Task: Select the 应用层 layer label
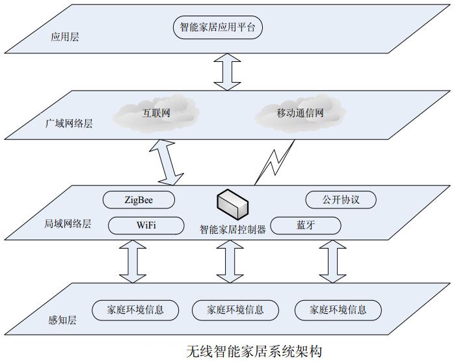pos(65,38)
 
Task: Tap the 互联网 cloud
pos(156,113)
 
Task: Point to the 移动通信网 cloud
pos(300,114)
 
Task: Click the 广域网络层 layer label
pos(70,122)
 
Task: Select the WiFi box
pos(146,226)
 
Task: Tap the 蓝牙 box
pos(306,225)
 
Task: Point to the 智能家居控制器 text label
pos(232,229)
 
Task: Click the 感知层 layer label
pos(60,321)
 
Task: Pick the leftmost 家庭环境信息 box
pos(127,309)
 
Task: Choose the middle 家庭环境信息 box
pos(235,309)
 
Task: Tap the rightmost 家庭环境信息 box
pos(338,309)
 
